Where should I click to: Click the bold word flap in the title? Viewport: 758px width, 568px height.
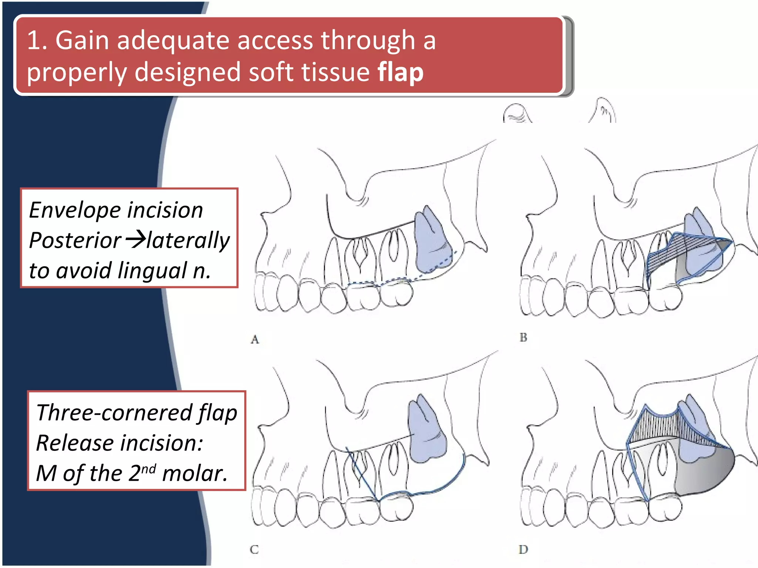pyautogui.click(x=400, y=72)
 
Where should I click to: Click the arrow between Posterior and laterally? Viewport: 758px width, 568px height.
pyautogui.click(x=135, y=239)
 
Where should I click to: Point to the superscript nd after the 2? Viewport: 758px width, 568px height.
pyautogui.click(x=148, y=469)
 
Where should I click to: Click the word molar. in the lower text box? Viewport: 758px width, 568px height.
pyautogui.click(x=195, y=473)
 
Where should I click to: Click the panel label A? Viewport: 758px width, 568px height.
pyautogui.click(x=255, y=339)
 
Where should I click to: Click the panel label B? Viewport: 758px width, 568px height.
pyautogui.click(x=523, y=337)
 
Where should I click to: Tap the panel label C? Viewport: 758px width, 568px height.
pyautogui.click(x=254, y=550)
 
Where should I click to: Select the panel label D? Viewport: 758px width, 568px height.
pyautogui.click(x=523, y=550)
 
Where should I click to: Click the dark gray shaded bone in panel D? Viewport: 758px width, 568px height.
pyautogui.click(x=703, y=473)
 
